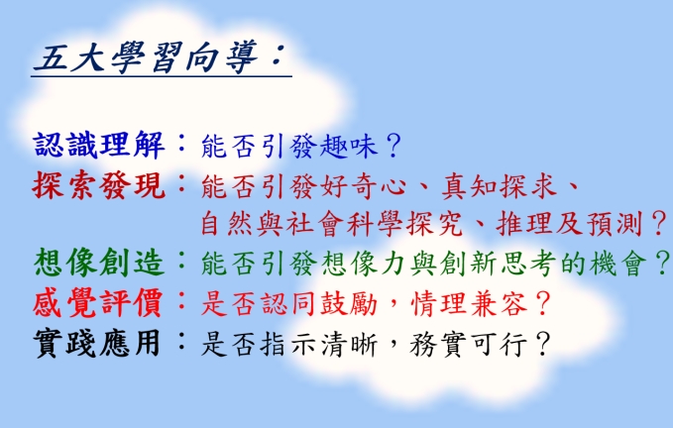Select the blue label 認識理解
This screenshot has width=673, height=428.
pos(99,145)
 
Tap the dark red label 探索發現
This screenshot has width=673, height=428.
pos(99,185)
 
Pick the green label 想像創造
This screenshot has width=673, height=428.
pos(99,263)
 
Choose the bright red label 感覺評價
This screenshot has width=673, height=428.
pos(98,303)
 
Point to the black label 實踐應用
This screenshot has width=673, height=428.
pos(97,343)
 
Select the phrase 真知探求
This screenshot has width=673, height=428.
pos(500,186)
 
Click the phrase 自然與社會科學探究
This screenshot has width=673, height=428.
pos(331,224)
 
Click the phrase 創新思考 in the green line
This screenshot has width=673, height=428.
pos(498,263)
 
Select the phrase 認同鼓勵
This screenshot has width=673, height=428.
pos(319,303)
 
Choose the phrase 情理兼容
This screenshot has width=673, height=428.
pos(469,303)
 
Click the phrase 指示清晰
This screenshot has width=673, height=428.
pos(319,344)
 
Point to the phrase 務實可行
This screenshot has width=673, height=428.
pos(469,344)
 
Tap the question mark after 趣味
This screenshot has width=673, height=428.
pos(393,146)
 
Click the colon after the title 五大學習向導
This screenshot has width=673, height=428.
pos(278,56)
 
